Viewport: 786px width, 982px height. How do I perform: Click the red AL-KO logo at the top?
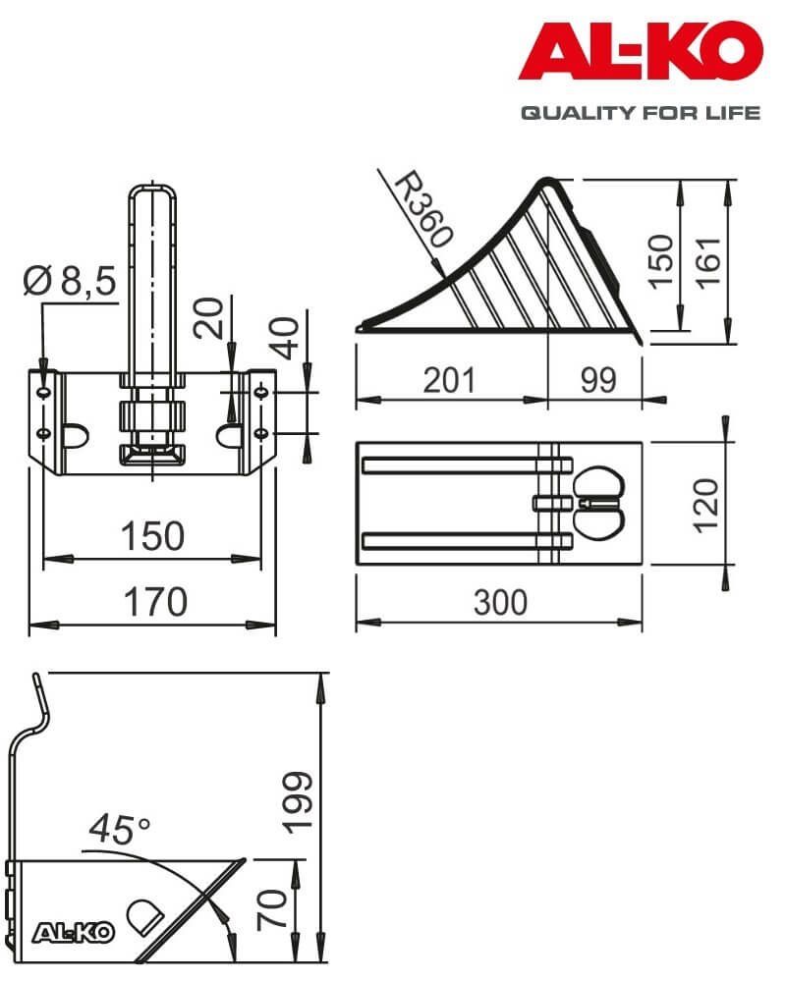point(641,53)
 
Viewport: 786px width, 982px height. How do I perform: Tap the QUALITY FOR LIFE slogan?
point(641,113)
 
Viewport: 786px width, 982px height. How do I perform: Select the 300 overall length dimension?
point(500,601)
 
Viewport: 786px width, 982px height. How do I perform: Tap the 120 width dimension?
point(706,504)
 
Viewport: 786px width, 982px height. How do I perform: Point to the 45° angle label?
point(118,830)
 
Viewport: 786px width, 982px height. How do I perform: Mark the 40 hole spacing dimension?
point(288,336)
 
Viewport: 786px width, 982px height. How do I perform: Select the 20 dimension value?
point(207,318)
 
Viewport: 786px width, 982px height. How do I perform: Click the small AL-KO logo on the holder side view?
point(75,932)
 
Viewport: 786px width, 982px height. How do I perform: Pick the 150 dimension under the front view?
point(152,536)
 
